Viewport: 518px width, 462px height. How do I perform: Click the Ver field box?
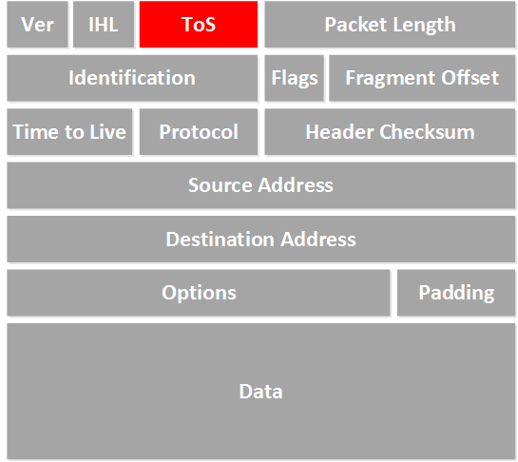[37, 24]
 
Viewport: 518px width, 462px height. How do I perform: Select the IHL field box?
[104, 24]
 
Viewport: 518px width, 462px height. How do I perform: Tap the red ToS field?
[199, 24]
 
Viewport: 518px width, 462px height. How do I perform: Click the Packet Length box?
[390, 24]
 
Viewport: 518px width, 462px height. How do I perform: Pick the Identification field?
[132, 78]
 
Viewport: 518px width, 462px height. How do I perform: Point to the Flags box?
[295, 78]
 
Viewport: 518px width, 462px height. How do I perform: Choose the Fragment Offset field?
[422, 78]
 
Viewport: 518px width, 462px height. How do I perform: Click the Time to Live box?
[69, 132]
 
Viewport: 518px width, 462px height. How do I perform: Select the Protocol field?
[199, 132]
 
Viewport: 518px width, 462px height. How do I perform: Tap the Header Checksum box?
[390, 132]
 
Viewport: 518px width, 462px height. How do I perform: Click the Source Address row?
[261, 185]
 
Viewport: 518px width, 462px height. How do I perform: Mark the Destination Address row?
[261, 240]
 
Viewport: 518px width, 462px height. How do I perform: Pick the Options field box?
[199, 293]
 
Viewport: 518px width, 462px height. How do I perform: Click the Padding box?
[456, 293]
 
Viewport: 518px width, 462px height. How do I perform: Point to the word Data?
[261, 392]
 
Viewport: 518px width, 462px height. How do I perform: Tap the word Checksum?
[427, 132]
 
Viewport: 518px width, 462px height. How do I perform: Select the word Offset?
[470, 78]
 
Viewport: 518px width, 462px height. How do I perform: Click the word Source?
[221, 185]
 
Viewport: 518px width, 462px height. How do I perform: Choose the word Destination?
[220, 239]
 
